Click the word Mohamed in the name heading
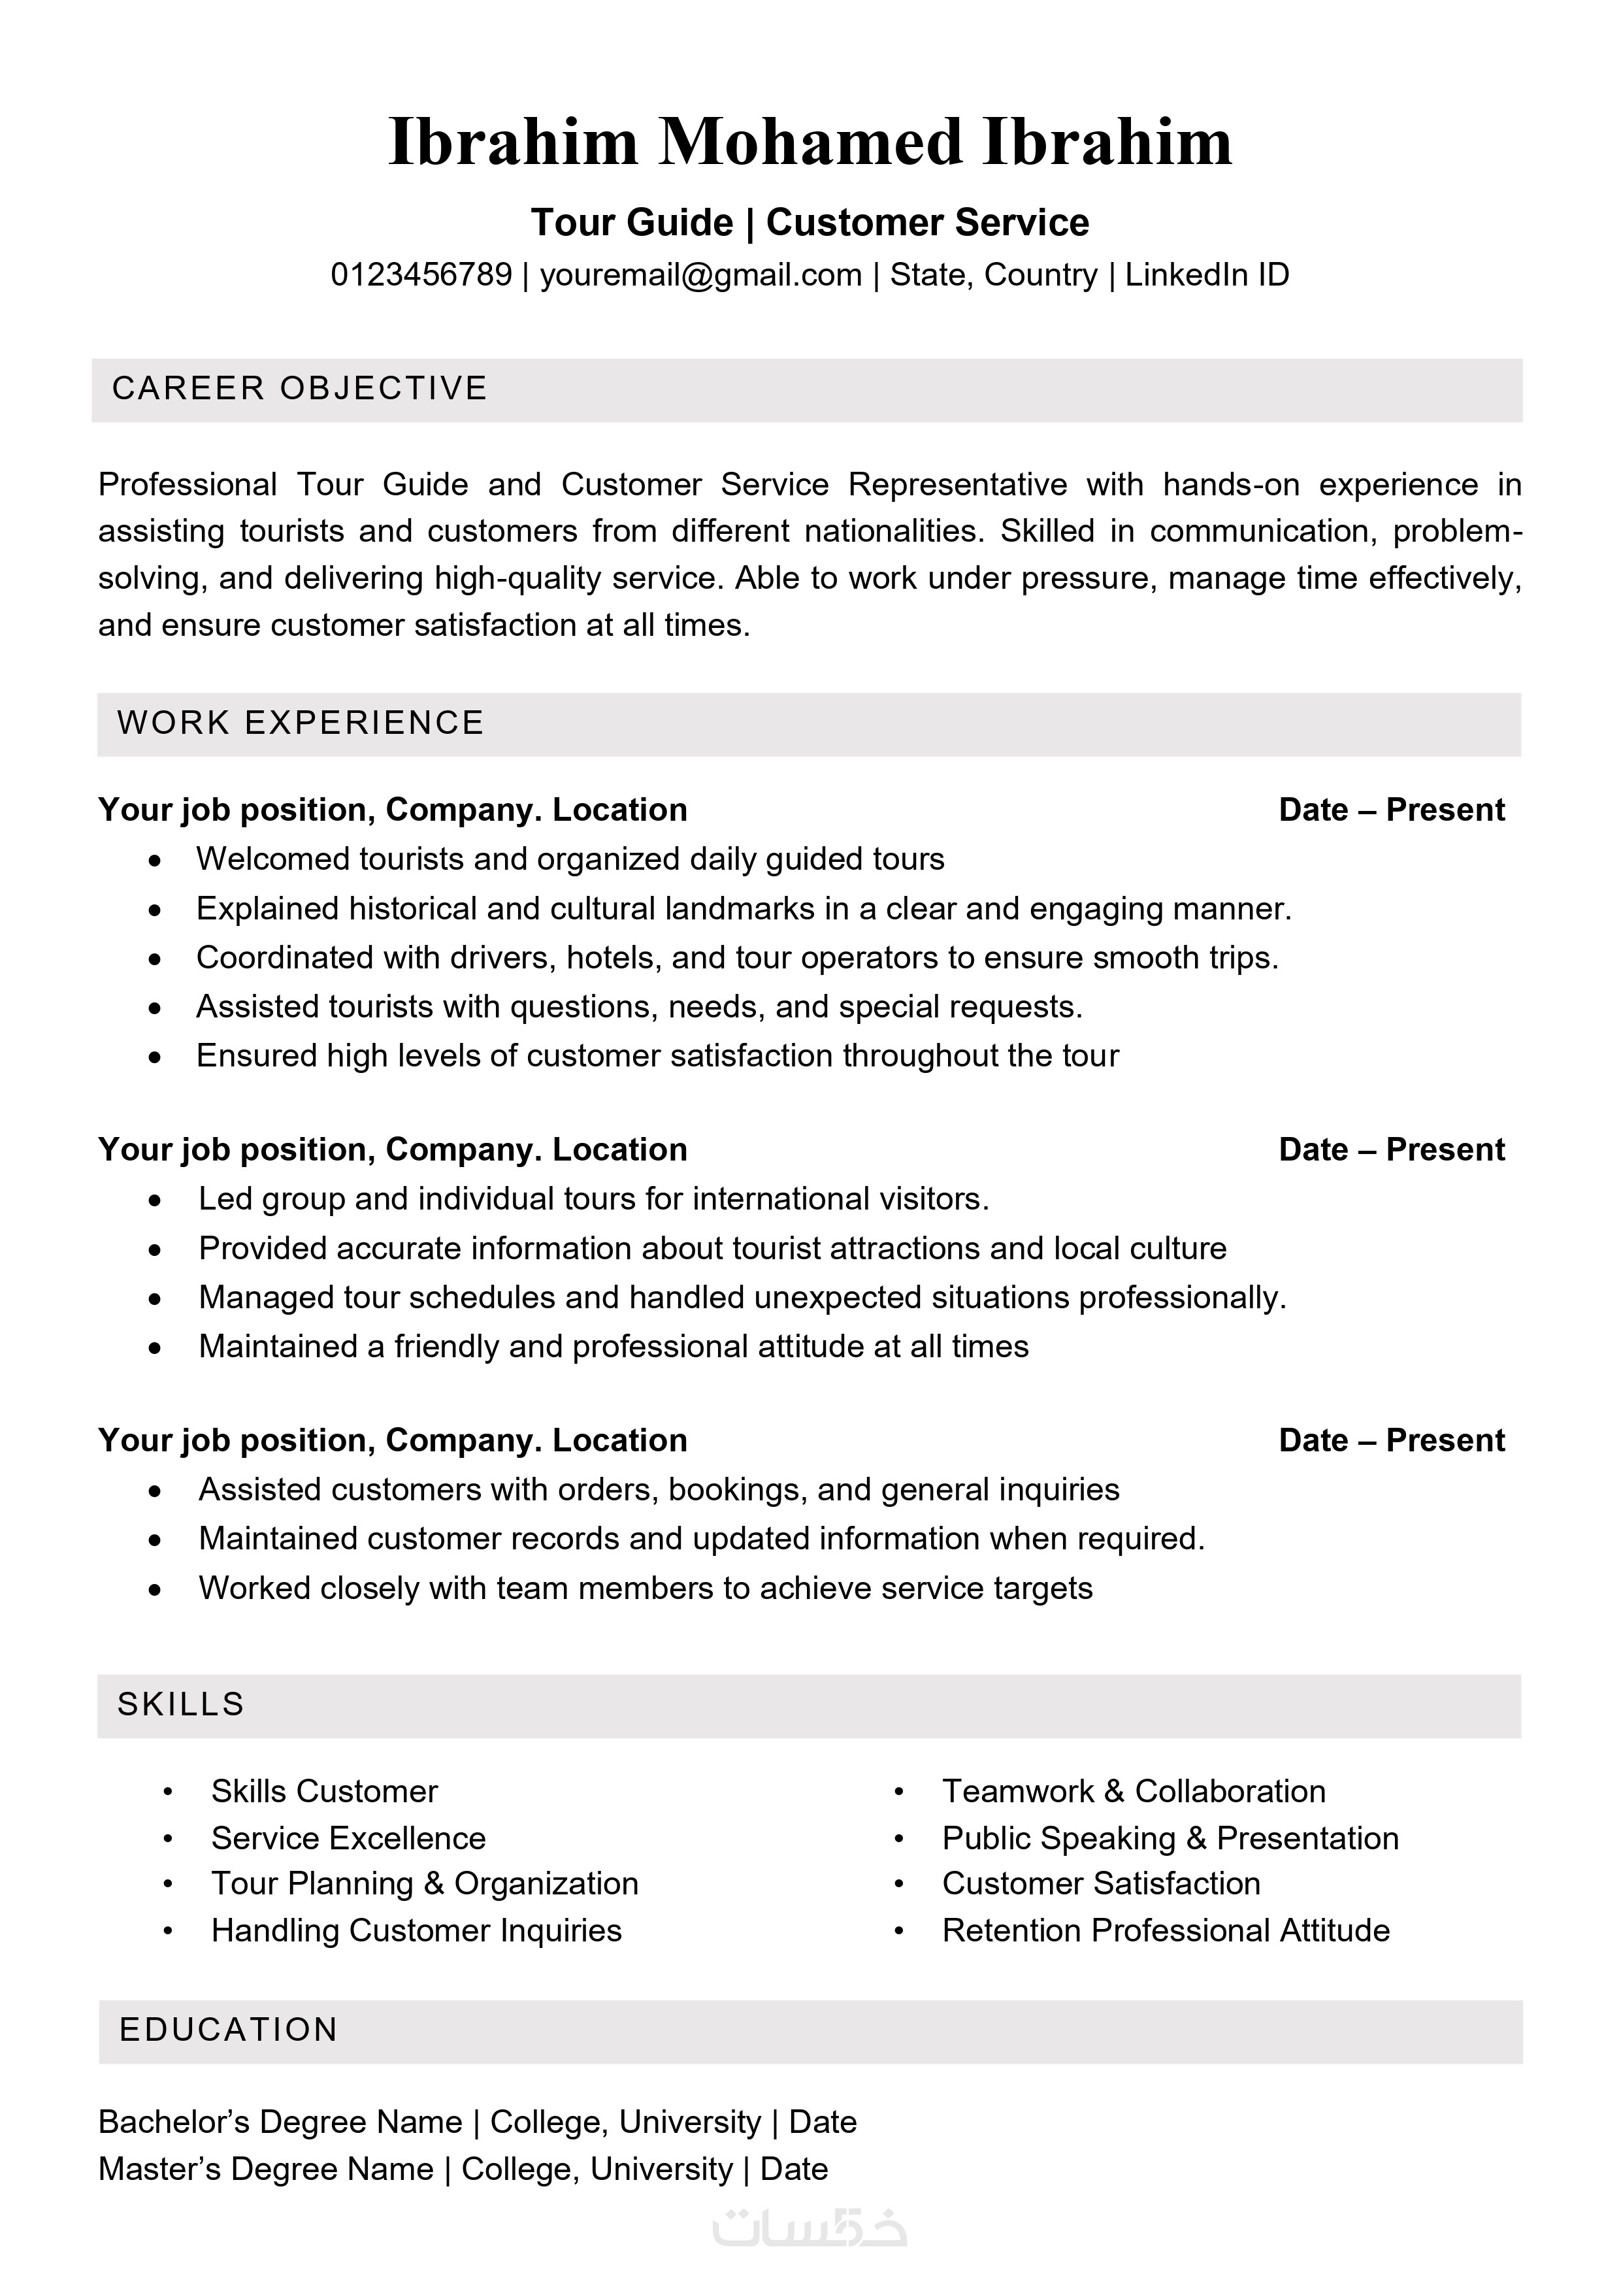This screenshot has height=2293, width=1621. coord(809,142)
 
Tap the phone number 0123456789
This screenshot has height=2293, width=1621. coord(421,274)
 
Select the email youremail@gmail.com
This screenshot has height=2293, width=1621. coord(700,274)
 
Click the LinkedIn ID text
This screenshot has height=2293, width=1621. coord(1207,274)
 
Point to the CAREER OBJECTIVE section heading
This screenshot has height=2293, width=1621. coord(300,389)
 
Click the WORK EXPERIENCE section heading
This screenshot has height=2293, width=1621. coord(300,723)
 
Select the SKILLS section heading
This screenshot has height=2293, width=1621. coord(181,1704)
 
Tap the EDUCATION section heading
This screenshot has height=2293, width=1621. coord(229,2030)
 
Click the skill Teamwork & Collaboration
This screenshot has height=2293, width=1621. coord(1134,1792)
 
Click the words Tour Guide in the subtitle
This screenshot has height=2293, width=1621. coord(632,223)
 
